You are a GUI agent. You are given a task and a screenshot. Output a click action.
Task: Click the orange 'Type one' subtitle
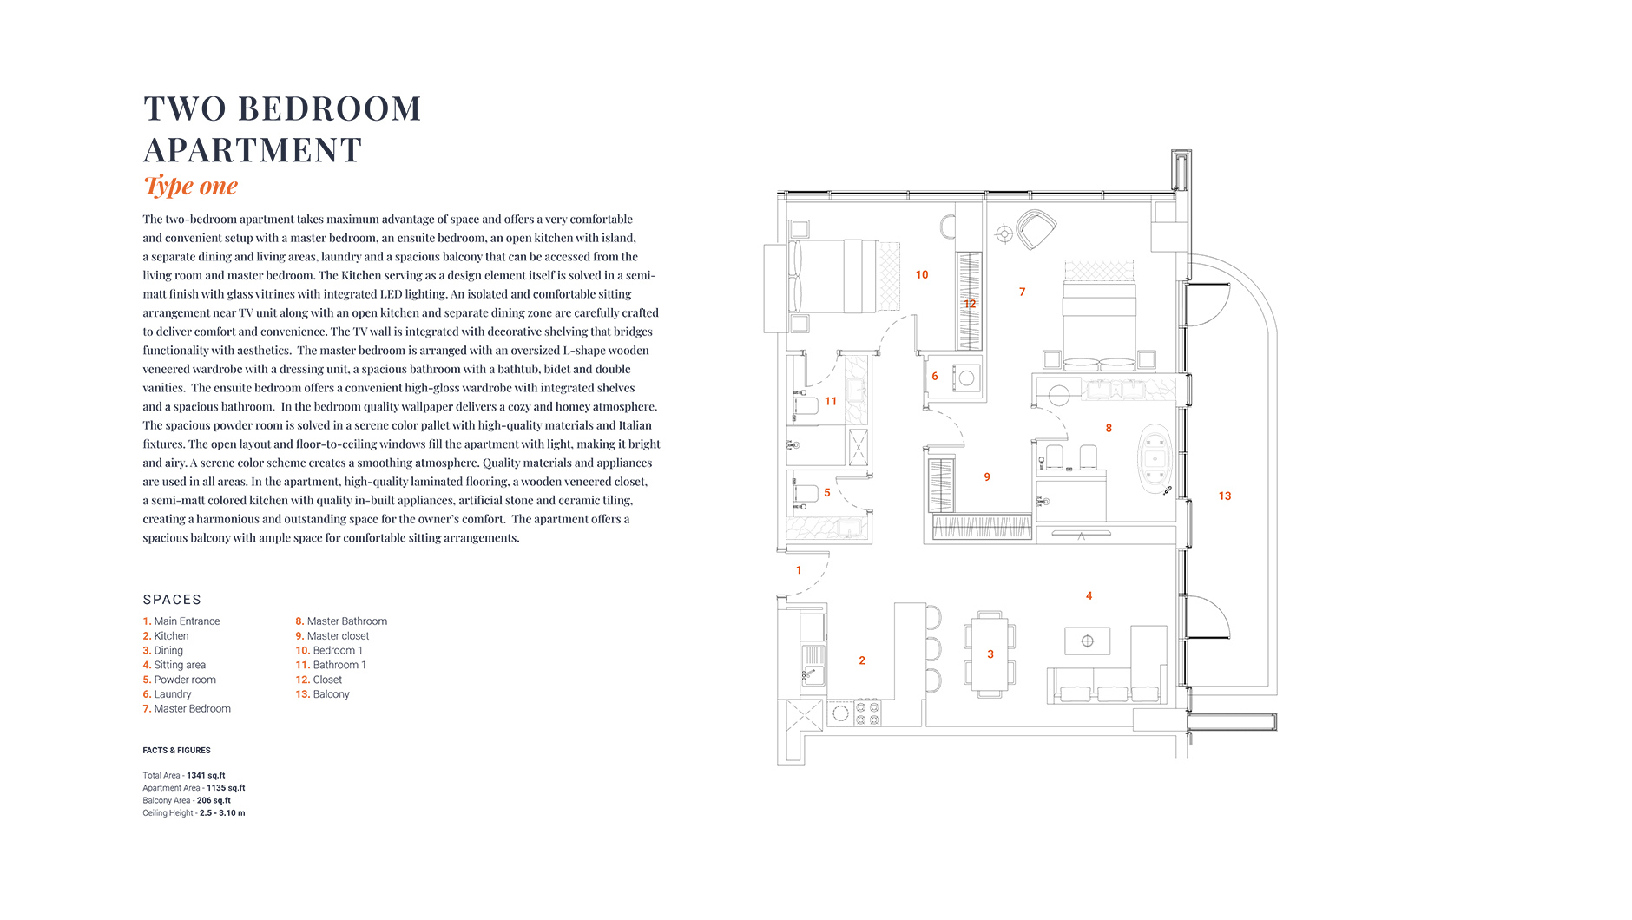click(x=190, y=186)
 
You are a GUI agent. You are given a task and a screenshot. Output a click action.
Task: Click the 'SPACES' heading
click(x=172, y=600)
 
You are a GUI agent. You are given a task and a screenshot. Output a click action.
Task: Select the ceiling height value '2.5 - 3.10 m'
click(x=222, y=813)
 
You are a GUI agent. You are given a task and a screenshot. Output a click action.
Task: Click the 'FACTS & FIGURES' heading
click(x=176, y=751)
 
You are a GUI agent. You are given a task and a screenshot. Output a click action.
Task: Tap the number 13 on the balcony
click(x=1225, y=496)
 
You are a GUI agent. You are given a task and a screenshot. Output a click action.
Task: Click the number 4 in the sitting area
click(x=1089, y=596)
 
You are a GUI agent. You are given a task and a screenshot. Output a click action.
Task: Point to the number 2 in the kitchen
click(x=862, y=660)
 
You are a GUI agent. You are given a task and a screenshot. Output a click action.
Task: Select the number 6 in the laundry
click(x=935, y=377)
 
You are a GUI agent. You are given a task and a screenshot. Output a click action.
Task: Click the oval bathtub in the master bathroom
click(x=1155, y=460)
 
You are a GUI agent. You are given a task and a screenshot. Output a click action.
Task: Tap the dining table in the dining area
click(x=990, y=654)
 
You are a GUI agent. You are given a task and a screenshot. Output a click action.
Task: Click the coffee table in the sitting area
click(x=1087, y=641)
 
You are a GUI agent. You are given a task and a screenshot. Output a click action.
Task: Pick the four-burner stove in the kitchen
click(x=867, y=713)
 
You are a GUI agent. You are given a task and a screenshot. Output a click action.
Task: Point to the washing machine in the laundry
click(x=966, y=378)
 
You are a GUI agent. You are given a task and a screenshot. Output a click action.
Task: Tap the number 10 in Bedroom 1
click(x=922, y=275)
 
